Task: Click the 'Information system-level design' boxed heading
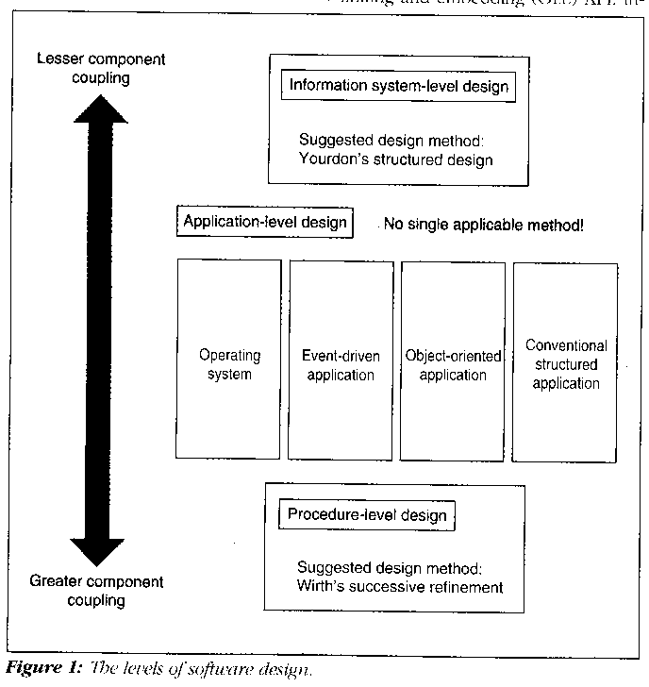tap(399, 87)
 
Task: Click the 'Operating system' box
tap(229, 359)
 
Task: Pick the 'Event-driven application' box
tap(340, 359)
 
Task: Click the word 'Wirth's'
tap(321, 587)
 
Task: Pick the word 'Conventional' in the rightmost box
tap(566, 346)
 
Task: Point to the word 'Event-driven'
tap(340, 356)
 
